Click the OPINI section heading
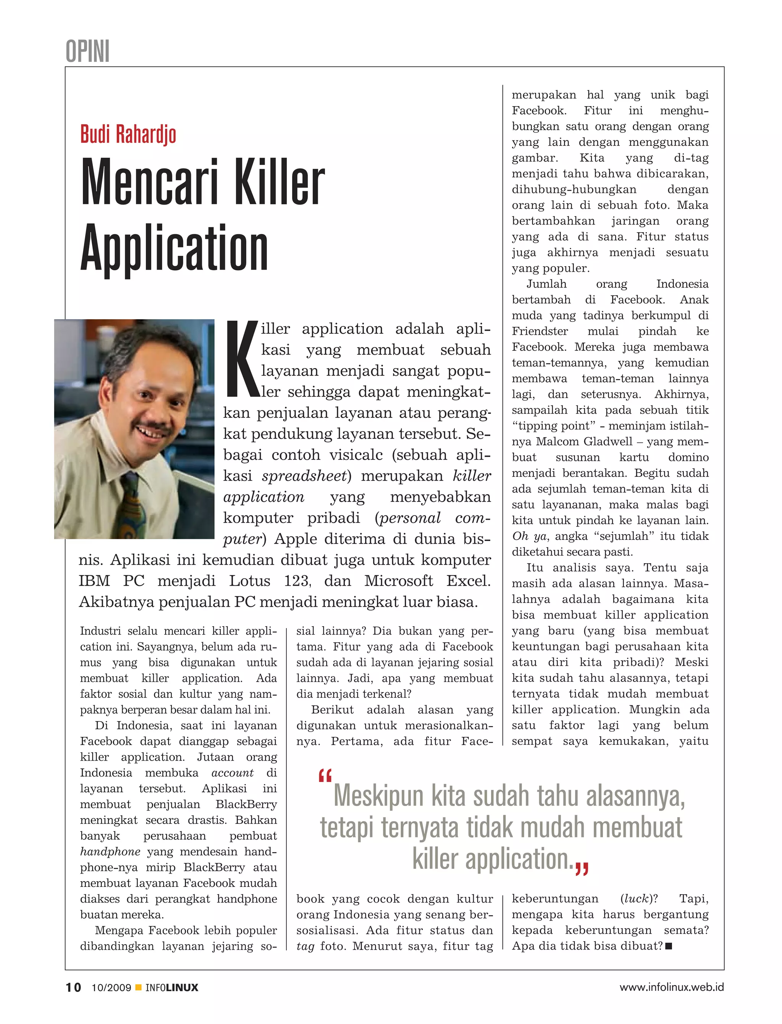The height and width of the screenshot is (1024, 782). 87,51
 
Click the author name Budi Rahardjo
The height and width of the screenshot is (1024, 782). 128,134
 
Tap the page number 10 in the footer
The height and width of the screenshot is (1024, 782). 73,988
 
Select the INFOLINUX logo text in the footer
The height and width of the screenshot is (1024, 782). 172,988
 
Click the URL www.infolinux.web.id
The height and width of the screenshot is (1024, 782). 671,987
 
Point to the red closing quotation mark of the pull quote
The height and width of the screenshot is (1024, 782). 582,868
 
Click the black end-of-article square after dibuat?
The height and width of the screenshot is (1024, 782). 669,946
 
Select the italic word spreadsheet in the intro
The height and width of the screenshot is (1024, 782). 304,476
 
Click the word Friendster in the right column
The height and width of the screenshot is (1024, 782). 540,331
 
